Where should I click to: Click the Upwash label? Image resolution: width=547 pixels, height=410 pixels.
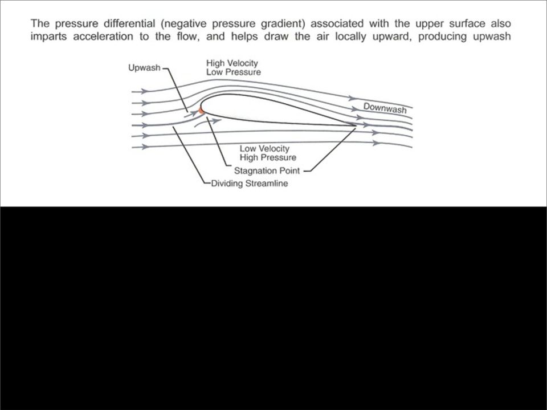coord(144,68)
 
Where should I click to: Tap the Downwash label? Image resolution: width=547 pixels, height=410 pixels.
coord(385,108)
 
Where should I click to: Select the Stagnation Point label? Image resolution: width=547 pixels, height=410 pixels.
coord(267,171)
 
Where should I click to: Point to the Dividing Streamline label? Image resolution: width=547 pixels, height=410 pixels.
coord(250,184)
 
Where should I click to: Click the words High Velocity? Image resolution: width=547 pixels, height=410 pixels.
coord(232,63)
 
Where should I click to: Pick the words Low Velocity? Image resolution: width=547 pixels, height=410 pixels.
coord(264,148)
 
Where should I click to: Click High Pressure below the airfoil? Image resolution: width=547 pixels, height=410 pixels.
coord(268,157)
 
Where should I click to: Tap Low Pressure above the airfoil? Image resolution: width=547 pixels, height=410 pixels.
coord(234,72)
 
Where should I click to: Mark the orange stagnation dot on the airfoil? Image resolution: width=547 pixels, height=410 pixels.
coord(201,111)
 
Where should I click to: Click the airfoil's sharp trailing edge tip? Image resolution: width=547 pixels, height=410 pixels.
coord(356,125)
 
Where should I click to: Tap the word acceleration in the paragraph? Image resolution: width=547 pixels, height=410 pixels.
coord(103,36)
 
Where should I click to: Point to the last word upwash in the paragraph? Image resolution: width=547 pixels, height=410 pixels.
coord(492,37)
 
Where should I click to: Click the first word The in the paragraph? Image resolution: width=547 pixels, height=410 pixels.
coord(40,24)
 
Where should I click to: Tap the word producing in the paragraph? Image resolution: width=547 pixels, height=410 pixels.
coord(442,37)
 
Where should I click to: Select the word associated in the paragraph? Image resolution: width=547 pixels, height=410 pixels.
coord(337,24)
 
